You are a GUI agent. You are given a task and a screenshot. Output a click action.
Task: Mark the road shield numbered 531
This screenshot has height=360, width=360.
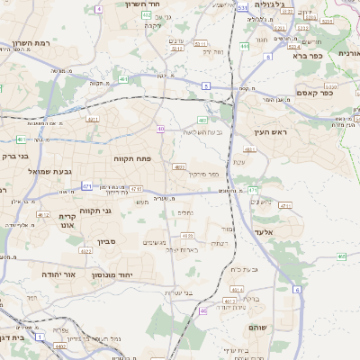click(x=243, y=7)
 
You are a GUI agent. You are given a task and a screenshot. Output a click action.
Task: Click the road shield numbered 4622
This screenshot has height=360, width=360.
click(x=86, y=252)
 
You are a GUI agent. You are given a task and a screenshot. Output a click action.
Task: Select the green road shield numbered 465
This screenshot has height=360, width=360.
click(x=342, y=256)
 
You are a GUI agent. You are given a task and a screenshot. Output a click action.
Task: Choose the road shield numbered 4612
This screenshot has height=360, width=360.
click(x=43, y=215)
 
